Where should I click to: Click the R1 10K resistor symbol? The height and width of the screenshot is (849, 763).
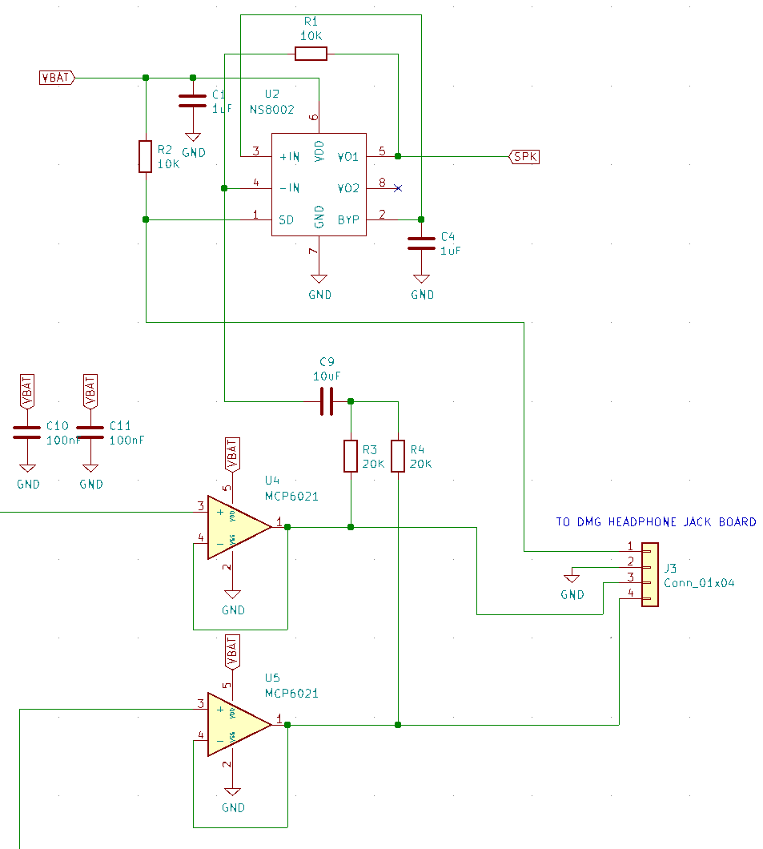pos(311,54)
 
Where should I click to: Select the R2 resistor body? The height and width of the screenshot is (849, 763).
pos(145,156)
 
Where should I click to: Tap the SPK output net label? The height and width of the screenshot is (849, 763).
pos(524,157)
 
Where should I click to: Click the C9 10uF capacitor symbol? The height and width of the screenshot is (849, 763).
pos(326,400)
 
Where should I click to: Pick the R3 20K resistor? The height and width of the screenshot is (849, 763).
pos(350,456)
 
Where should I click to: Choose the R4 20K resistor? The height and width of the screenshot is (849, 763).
pos(398,456)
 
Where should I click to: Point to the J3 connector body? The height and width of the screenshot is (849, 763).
pos(650,575)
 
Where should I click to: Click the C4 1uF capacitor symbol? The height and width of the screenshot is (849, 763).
pos(421,243)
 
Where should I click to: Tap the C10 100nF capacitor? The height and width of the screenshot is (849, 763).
pos(27,433)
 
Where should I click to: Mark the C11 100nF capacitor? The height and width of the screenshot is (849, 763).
pos(90,433)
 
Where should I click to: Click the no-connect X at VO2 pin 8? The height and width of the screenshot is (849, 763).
pos(398,188)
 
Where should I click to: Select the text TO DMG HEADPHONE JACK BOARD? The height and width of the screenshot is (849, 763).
pos(656,522)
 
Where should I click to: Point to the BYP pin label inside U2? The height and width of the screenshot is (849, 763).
pos(348,219)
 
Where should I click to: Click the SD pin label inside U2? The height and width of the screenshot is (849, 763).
pos(285,219)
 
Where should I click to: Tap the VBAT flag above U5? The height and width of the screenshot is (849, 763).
pos(232,652)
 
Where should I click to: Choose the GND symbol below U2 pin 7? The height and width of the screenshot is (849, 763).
pos(319,281)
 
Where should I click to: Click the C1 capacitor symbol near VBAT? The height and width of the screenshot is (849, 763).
pos(192,101)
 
